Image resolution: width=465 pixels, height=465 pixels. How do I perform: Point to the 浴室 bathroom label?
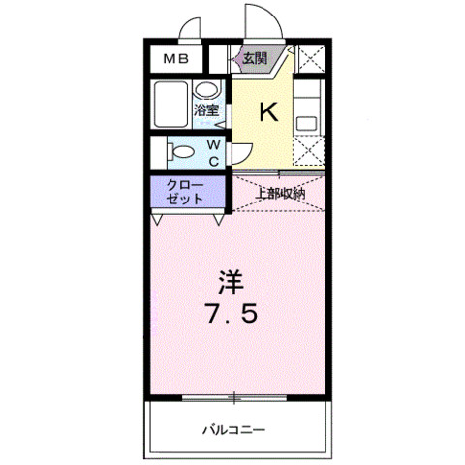(206, 111)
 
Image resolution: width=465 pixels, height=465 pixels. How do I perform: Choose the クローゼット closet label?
(184, 191)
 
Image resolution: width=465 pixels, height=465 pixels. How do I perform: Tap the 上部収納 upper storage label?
(280, 192)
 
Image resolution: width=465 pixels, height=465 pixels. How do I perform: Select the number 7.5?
(232, 315)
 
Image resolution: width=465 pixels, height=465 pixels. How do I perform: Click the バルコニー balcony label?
(233, 427)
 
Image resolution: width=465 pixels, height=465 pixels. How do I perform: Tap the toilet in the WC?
(179, 151)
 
